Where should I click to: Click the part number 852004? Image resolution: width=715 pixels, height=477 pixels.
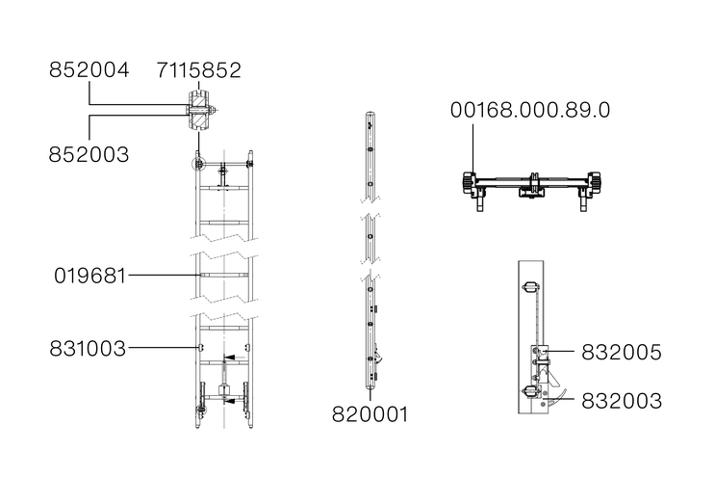89,69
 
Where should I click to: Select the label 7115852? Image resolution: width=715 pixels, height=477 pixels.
199,70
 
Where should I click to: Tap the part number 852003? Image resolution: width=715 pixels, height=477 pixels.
89,154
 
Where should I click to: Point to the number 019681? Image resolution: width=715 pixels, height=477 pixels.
89,276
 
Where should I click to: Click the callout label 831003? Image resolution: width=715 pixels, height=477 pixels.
88,349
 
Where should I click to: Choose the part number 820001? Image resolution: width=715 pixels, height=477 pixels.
370,414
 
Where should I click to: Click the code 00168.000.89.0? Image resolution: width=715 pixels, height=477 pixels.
530,110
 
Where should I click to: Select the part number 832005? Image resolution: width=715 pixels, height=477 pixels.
622,353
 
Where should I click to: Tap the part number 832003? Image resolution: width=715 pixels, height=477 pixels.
622,401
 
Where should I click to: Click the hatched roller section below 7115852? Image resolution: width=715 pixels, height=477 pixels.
199,111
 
